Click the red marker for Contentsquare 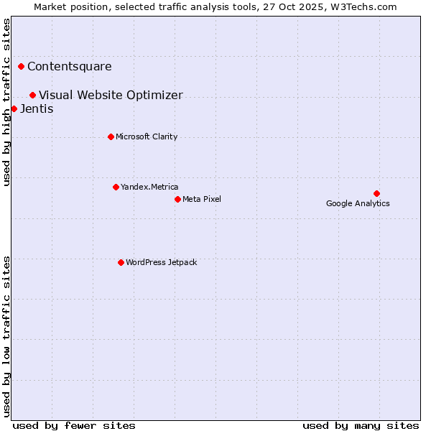[21, 67]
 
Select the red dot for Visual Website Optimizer [32, 95]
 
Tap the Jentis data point [14, 109]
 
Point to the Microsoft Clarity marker [111, 136]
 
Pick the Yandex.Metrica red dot [116, 187]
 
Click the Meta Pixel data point [177, 199]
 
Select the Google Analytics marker [376, 193]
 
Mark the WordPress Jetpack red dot [121, 262]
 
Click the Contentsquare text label [70, 67]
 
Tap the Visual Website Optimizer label [111, 95]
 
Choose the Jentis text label [37, 109]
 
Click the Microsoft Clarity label [147, 136]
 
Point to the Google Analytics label [358, 203]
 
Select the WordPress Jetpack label [161, 262]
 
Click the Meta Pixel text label [202, 199]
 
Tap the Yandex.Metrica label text [149, 187]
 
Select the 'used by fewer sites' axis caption [74, 425]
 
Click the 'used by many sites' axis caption [361, 425]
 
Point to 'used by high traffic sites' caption [6, 102]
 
